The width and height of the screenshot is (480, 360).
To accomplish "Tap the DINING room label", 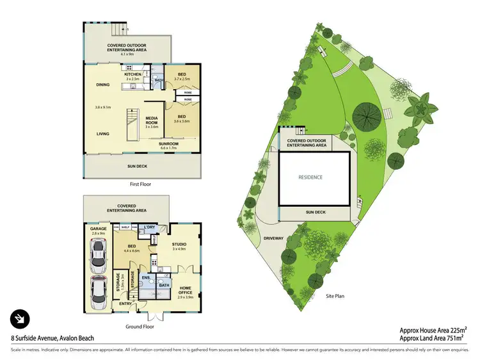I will tap(102, 85).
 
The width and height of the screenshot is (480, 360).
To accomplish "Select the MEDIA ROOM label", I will tap(152, 120).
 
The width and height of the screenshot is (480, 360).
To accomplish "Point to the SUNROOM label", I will tap(169, 143).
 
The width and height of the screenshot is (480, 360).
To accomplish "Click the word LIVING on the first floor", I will tap(102, 134).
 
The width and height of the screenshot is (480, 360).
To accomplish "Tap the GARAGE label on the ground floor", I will tap(98, 228).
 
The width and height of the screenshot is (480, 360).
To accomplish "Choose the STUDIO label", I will tap(179, 243).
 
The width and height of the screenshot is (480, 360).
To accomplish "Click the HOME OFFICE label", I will tap(184, 290).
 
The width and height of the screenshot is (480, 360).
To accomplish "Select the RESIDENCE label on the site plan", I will tap(310, 177).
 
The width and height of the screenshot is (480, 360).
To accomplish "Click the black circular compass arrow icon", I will tap(20, 319).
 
